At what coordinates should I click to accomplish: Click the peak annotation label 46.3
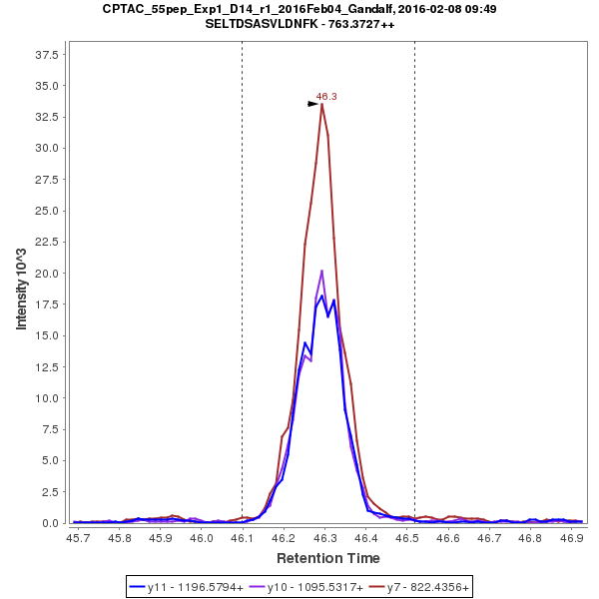[x=326, y=97]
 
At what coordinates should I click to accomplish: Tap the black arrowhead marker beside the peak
[x=313, y=103]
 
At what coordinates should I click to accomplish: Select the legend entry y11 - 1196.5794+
[x=196, y=587]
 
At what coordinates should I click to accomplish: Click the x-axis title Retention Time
[x=328, y=557]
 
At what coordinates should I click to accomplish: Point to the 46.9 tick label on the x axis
[x=572, y=537]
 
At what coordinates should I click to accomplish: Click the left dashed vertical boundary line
[x=243, y=299]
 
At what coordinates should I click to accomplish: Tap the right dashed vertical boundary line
[x=414, y=299]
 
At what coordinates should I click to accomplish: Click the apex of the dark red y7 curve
[x=321, y=104]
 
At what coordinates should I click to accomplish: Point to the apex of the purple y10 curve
[x=321, y=271]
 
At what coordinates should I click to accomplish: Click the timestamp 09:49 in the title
[x=480, y=8]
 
